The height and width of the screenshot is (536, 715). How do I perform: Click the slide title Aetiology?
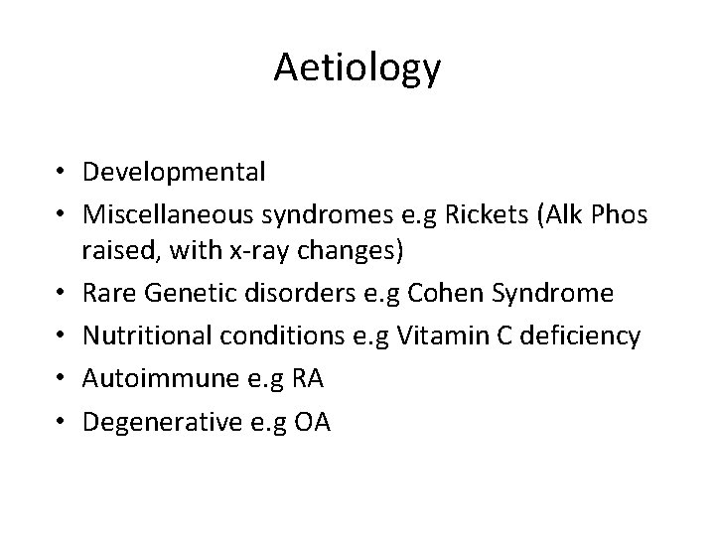click(x=357, y=68)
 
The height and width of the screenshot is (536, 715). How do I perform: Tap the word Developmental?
click(x=175, y=172)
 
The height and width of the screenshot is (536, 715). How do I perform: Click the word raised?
click(x=115, y=253)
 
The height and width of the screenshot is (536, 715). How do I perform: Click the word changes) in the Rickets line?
click(x=356, y=253)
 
